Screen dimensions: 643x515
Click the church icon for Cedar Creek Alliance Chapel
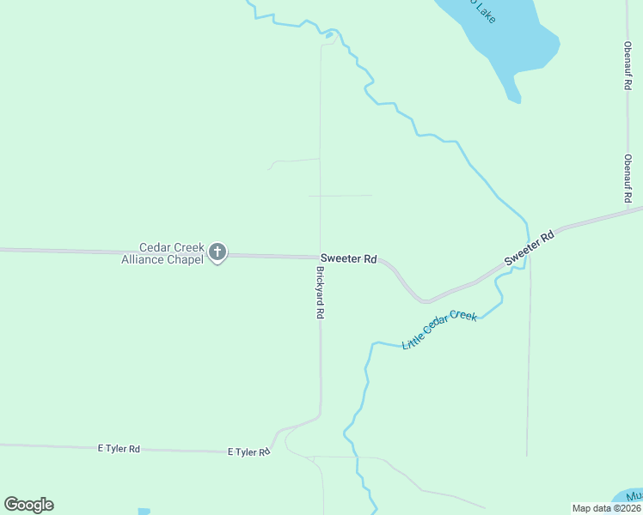pyautogui.click(x=217, y=252)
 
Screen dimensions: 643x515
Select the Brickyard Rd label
pyautogui.click(x=320, y=293)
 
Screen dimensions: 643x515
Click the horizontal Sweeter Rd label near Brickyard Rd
pyautogui.click(x=348, y=258)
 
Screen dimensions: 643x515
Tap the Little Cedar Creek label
pyautogui.click(x=439, y=330)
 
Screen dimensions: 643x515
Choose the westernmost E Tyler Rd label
pyautogui.click(x=119, y=449)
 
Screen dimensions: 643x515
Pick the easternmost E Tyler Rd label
pyautogui.click(x=248, y=452)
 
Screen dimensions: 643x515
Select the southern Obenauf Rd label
pyautogui.click(x=628, y=179)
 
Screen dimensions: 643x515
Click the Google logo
pyautogui.click(x=28, y=505)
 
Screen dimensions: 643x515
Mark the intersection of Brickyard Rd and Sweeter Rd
pyautogui.click(x=320, y=257)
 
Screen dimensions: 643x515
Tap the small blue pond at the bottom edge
pyautogui.click(x=144, y=512)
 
